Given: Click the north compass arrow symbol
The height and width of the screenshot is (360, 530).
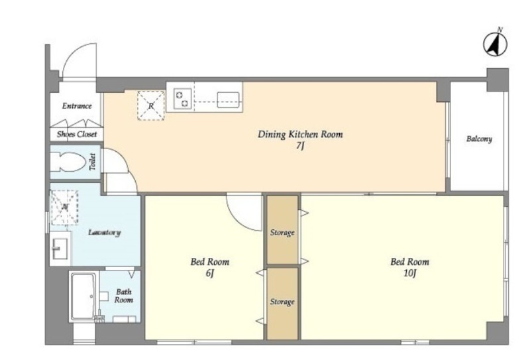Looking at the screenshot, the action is [x=495, y=44].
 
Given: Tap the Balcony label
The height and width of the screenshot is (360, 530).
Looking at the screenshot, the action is [x=479, y=139].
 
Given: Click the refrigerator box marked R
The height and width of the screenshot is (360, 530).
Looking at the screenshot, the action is [x=151, y=105].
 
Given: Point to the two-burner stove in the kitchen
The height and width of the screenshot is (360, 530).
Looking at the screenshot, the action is [x=183, y=99].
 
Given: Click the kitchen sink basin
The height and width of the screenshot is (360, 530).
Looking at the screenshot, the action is [x=228, y=100].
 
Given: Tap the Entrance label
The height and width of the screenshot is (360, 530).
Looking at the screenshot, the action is [x=77, y=106].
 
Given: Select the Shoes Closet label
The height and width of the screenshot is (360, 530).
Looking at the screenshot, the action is [x=77, y=134].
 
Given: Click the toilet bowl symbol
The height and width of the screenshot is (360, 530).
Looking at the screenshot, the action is [x=68, y=162].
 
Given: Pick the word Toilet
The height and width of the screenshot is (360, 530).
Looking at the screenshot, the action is [x=92, y=162].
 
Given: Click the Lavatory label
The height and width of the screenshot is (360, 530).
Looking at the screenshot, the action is [x=104, y=233].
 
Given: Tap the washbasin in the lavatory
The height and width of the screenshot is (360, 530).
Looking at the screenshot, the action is [x=60, y=249].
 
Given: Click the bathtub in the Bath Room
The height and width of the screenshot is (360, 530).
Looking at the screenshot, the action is [x=83, y=296].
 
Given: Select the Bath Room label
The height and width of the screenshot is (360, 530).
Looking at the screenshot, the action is [x=123, y=296].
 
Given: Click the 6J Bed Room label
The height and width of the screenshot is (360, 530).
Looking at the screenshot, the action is [x=209, y=267].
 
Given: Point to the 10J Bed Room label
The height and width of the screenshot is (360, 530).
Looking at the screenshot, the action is [x=409, y=267].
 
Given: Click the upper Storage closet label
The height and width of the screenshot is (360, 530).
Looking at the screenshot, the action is [x=282, y=233].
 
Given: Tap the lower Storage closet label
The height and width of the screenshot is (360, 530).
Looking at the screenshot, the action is [x=282, y=302].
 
